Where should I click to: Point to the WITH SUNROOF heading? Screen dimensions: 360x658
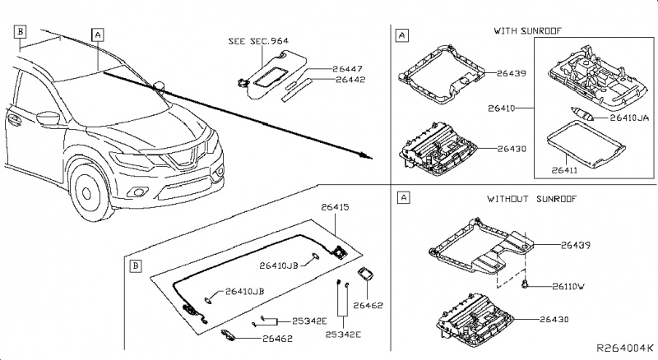[x=526, y=31]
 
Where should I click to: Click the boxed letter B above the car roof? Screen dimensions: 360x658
[x=21, y=30]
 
